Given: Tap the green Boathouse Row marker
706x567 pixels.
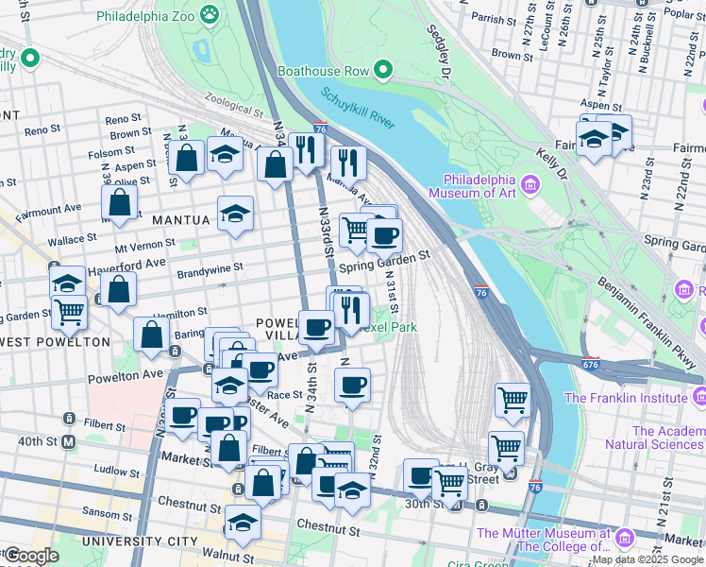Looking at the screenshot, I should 382,69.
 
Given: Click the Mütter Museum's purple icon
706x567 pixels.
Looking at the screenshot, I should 624,539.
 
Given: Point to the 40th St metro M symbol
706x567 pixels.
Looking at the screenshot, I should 68,441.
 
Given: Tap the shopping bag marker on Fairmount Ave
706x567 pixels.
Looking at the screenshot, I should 119,201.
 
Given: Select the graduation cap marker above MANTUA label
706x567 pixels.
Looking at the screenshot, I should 235,214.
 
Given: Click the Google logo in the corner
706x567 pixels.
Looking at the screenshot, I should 31,556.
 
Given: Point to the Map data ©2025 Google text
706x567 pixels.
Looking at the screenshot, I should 647,559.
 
